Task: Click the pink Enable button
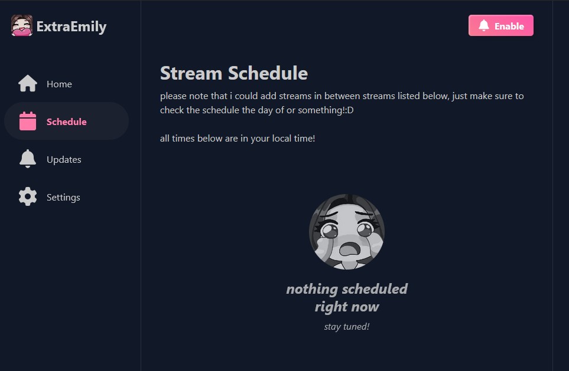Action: point(501,25)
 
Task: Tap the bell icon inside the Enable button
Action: point(484,25)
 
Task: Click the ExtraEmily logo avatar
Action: point(22,25)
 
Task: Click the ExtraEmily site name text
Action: point(71,27)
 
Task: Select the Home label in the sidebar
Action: point(59,84)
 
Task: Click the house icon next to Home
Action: point(28,83)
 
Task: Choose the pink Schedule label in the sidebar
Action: point(66,122)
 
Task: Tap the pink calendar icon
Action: point(28,121)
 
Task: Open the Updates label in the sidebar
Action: point(64,159)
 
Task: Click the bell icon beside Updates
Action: point(28,159)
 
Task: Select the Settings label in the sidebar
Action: point(63,198)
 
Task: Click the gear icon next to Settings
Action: point(28,196)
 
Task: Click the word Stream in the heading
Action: point(191,73)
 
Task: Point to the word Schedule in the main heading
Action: point(268,73)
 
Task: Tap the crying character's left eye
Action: point(330,231)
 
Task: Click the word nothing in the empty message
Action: point(312,289)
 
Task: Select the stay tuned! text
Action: point(347,326)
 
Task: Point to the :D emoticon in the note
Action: point(349,110)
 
